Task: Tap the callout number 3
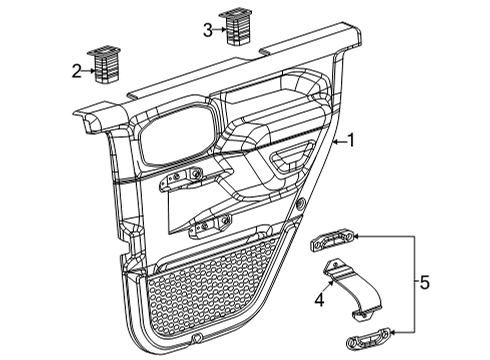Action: click(x=207, y=31)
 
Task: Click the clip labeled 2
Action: click(x=106, y=67)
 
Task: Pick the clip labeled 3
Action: click(x=236, y=27)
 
